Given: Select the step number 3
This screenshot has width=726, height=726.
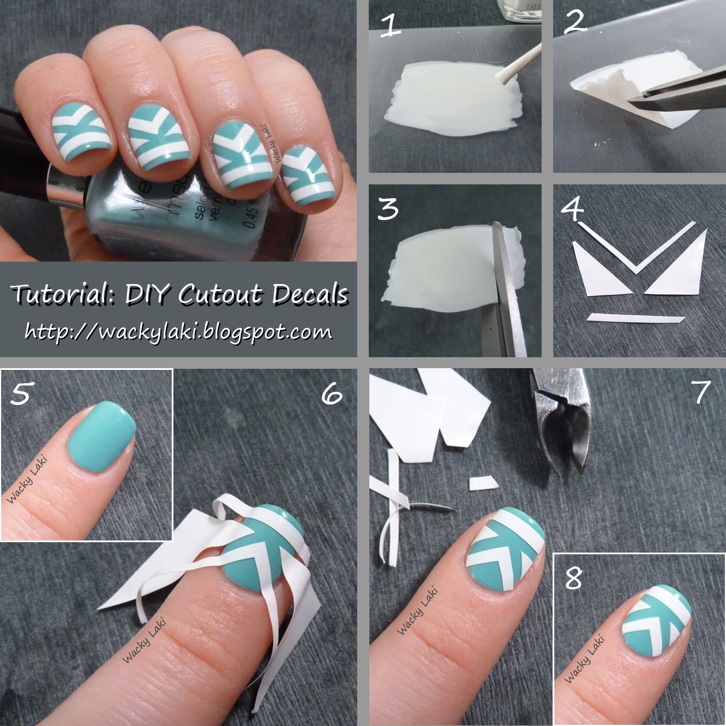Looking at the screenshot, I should [x=387, y=209].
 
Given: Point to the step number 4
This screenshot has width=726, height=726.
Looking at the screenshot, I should [x=572, y=208].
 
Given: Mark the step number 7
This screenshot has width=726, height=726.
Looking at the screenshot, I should [x=701, y=392].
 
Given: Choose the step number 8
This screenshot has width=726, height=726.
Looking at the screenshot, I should [x=573, y=577].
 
